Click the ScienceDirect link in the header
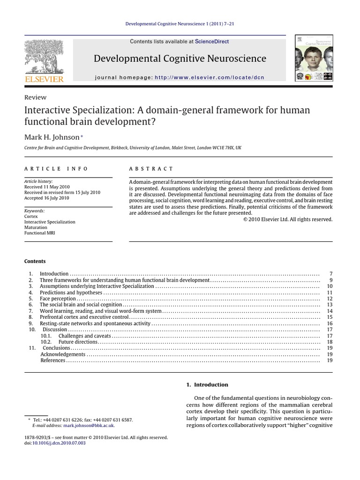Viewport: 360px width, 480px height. tap(212, 42)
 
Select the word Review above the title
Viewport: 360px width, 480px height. tap(35, 97)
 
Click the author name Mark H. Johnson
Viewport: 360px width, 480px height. tap(52, 136)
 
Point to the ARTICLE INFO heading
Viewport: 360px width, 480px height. tap(56, 169)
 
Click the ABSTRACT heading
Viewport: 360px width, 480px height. tap(151, 169)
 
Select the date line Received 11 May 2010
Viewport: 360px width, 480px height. tap(46, 187)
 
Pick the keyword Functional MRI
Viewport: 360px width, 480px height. tap(39, 233)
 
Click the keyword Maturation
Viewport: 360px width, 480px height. tap(35, 227)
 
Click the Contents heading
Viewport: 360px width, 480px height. tap(35, 261)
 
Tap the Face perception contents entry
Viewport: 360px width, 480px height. tap(58, 299)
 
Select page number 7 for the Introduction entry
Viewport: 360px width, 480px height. tap(331, 274)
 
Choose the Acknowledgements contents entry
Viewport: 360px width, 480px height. tap(63, 354)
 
